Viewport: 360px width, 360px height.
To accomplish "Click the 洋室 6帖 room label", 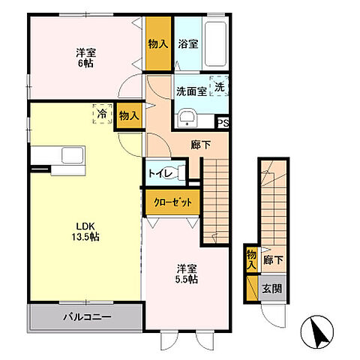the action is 85,58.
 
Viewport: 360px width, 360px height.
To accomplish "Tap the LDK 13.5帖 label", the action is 85,232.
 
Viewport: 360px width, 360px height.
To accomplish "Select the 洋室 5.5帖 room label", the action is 187,274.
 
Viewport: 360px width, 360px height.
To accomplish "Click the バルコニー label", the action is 87,317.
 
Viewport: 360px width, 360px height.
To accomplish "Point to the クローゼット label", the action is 173,202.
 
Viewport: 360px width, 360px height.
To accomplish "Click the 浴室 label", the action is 188,44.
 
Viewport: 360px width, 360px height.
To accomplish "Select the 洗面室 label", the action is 191,91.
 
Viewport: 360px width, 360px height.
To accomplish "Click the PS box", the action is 223,123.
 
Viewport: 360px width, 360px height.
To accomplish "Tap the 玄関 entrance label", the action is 272,289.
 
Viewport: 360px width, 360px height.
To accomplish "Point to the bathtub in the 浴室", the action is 215,43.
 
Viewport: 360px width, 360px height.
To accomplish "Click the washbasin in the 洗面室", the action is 187,118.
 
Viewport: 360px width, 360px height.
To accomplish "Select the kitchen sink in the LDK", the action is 72,155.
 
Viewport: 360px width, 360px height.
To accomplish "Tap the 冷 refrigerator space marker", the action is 102,114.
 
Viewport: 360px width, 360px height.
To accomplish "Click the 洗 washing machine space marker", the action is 219,86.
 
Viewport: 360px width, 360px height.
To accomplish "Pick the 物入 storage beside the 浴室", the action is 158,44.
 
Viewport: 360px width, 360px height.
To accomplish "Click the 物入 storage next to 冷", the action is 129,116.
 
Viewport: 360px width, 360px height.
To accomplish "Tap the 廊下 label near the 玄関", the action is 273,260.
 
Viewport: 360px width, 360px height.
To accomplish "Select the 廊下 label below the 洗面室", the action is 201,145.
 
